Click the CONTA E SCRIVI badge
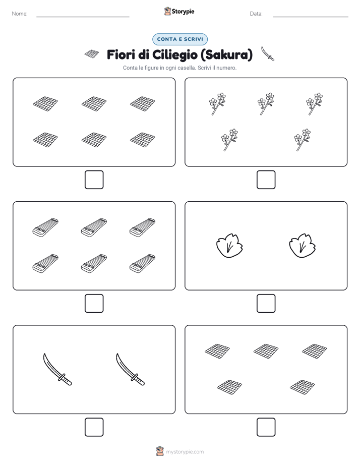[179, 39]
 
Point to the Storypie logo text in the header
[183, 11]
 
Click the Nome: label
[20, 14]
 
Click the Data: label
[256, 14]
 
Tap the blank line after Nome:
[83, 17]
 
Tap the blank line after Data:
[311, 17]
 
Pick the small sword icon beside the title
[268, 53]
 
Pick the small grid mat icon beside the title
[92, 54]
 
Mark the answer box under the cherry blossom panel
[266, 180]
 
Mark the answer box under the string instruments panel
[94, 303]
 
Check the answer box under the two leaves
[266, 303]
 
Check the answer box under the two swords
[94, 427]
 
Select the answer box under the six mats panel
[94, 180]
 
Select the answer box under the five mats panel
[266, 427]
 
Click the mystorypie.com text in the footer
[185, 452]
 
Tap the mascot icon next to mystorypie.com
[160, 451]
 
